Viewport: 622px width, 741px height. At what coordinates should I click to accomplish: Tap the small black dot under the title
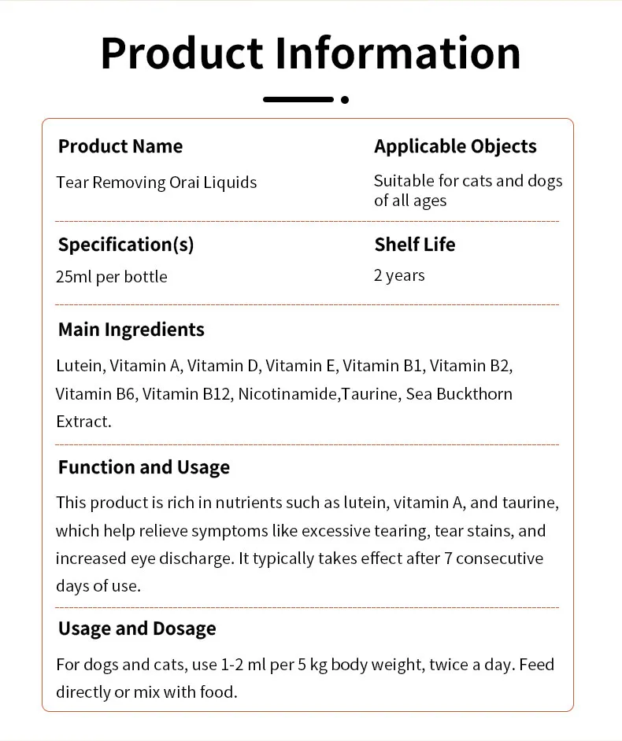[x=345, y=100]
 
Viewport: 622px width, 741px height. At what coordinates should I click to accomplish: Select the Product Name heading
[x=120, y=146]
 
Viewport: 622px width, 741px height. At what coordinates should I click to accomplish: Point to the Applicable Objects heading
[x=455, y=146]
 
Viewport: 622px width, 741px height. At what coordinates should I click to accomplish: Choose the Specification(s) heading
[x=125, y=245]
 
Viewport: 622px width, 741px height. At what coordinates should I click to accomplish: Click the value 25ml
[x=74, y=277]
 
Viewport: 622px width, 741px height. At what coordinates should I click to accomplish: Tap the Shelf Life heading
[x=415, y=245]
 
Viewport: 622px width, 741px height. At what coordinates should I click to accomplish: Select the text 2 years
[x=399, y=275]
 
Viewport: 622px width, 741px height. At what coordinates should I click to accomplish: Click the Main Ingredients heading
[x=131, y=330]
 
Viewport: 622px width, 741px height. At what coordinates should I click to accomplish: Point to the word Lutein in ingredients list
[x=79, y=366]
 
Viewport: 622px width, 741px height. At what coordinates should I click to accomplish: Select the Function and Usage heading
[x=143, y=467]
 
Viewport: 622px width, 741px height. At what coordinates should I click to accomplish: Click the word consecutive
[x=499, y=559]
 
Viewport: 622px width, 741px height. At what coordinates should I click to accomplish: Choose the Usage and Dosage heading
[x=136, y=629]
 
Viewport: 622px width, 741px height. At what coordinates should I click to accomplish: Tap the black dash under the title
[x=298, y=100]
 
